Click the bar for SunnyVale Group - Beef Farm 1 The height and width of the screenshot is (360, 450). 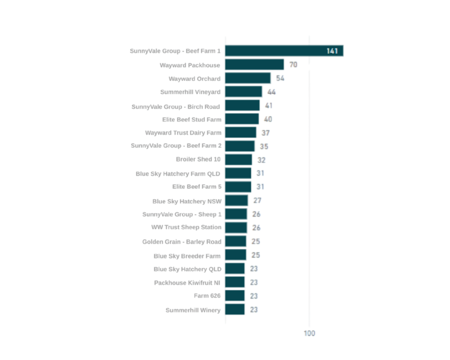pos(284,51)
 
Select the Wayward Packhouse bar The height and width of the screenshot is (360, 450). pos(255,65)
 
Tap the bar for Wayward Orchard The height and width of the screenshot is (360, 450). pos(248,78)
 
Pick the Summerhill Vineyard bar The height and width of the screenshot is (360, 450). pos(244,92)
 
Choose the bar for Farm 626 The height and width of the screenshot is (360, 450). pos(235,296)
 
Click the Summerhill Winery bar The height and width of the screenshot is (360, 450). pos(235,309)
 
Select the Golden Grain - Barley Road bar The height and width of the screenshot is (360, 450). pos(236,241)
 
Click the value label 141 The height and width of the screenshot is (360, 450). pos(332,51)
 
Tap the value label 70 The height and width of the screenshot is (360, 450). pos(293,65)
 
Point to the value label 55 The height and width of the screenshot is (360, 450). pos(280,78)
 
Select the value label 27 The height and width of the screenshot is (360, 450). pos(257,201)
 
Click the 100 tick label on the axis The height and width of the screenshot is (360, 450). pos(309,333)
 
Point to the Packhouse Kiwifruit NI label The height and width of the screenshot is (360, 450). pos(187,283)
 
